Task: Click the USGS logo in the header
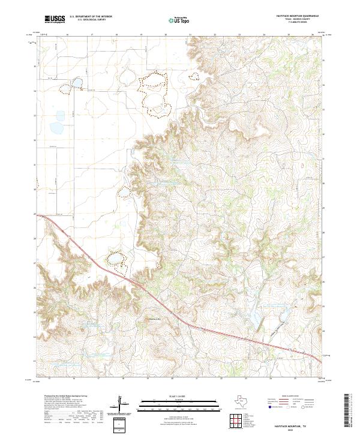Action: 55,20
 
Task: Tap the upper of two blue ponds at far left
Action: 60,115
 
